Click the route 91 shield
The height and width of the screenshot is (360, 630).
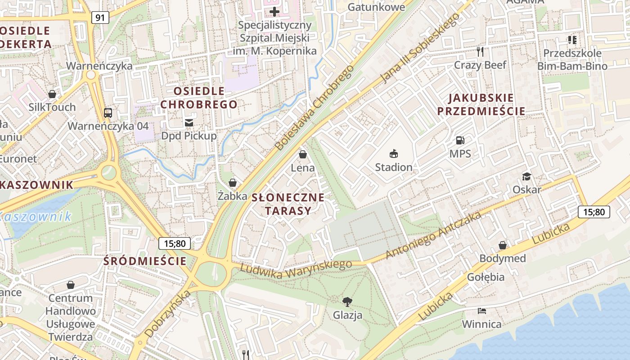pos(100,18)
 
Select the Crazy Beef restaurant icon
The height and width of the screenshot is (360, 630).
pos(480,52)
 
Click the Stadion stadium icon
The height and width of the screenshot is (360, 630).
pos(394,154)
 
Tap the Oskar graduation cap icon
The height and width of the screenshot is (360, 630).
pos(526,176)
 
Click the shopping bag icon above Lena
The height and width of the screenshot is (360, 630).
pos(303,155)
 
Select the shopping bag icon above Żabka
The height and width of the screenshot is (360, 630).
pos(233,183)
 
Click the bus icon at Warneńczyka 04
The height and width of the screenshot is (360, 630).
pos(108,112)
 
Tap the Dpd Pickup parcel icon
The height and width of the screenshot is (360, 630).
pos(189,122)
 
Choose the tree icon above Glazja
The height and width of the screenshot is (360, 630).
pos(347,301)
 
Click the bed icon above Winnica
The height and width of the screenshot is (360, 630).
pos(481,311)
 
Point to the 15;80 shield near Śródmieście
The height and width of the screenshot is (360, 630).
pos(175,243)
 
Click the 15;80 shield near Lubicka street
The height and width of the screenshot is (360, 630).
pos(594,211)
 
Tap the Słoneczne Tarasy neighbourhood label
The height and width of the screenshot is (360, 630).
pos(288,204)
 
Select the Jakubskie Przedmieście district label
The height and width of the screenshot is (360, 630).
pos(481,104)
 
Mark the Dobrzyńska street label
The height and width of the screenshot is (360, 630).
pos(168,314)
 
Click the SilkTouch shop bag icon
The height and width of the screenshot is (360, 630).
pos(52,94)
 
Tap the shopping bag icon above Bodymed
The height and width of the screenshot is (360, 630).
pos(502,245)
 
